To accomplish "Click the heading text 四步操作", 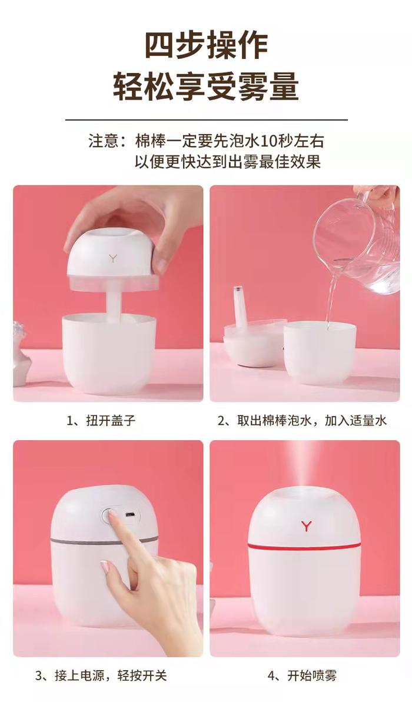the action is point(206,45).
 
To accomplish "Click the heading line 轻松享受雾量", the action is point(205,86).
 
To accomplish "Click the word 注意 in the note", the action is point(104,141).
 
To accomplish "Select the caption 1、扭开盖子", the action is point(101,420).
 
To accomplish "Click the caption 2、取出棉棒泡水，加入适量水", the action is point(302,420).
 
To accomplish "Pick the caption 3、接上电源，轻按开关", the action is point(101,675).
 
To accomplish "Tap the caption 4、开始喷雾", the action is point(302,675).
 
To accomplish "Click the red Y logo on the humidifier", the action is point(306,525).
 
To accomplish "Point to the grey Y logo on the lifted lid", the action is point(113,257).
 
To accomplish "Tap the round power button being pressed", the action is point(108,515).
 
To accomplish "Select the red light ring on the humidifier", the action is point(304,545).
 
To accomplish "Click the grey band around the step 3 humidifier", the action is point(103,541).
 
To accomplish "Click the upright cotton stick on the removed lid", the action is point(240,304).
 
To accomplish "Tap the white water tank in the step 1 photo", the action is point(109,353).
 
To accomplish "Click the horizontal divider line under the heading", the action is point(207,120).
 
